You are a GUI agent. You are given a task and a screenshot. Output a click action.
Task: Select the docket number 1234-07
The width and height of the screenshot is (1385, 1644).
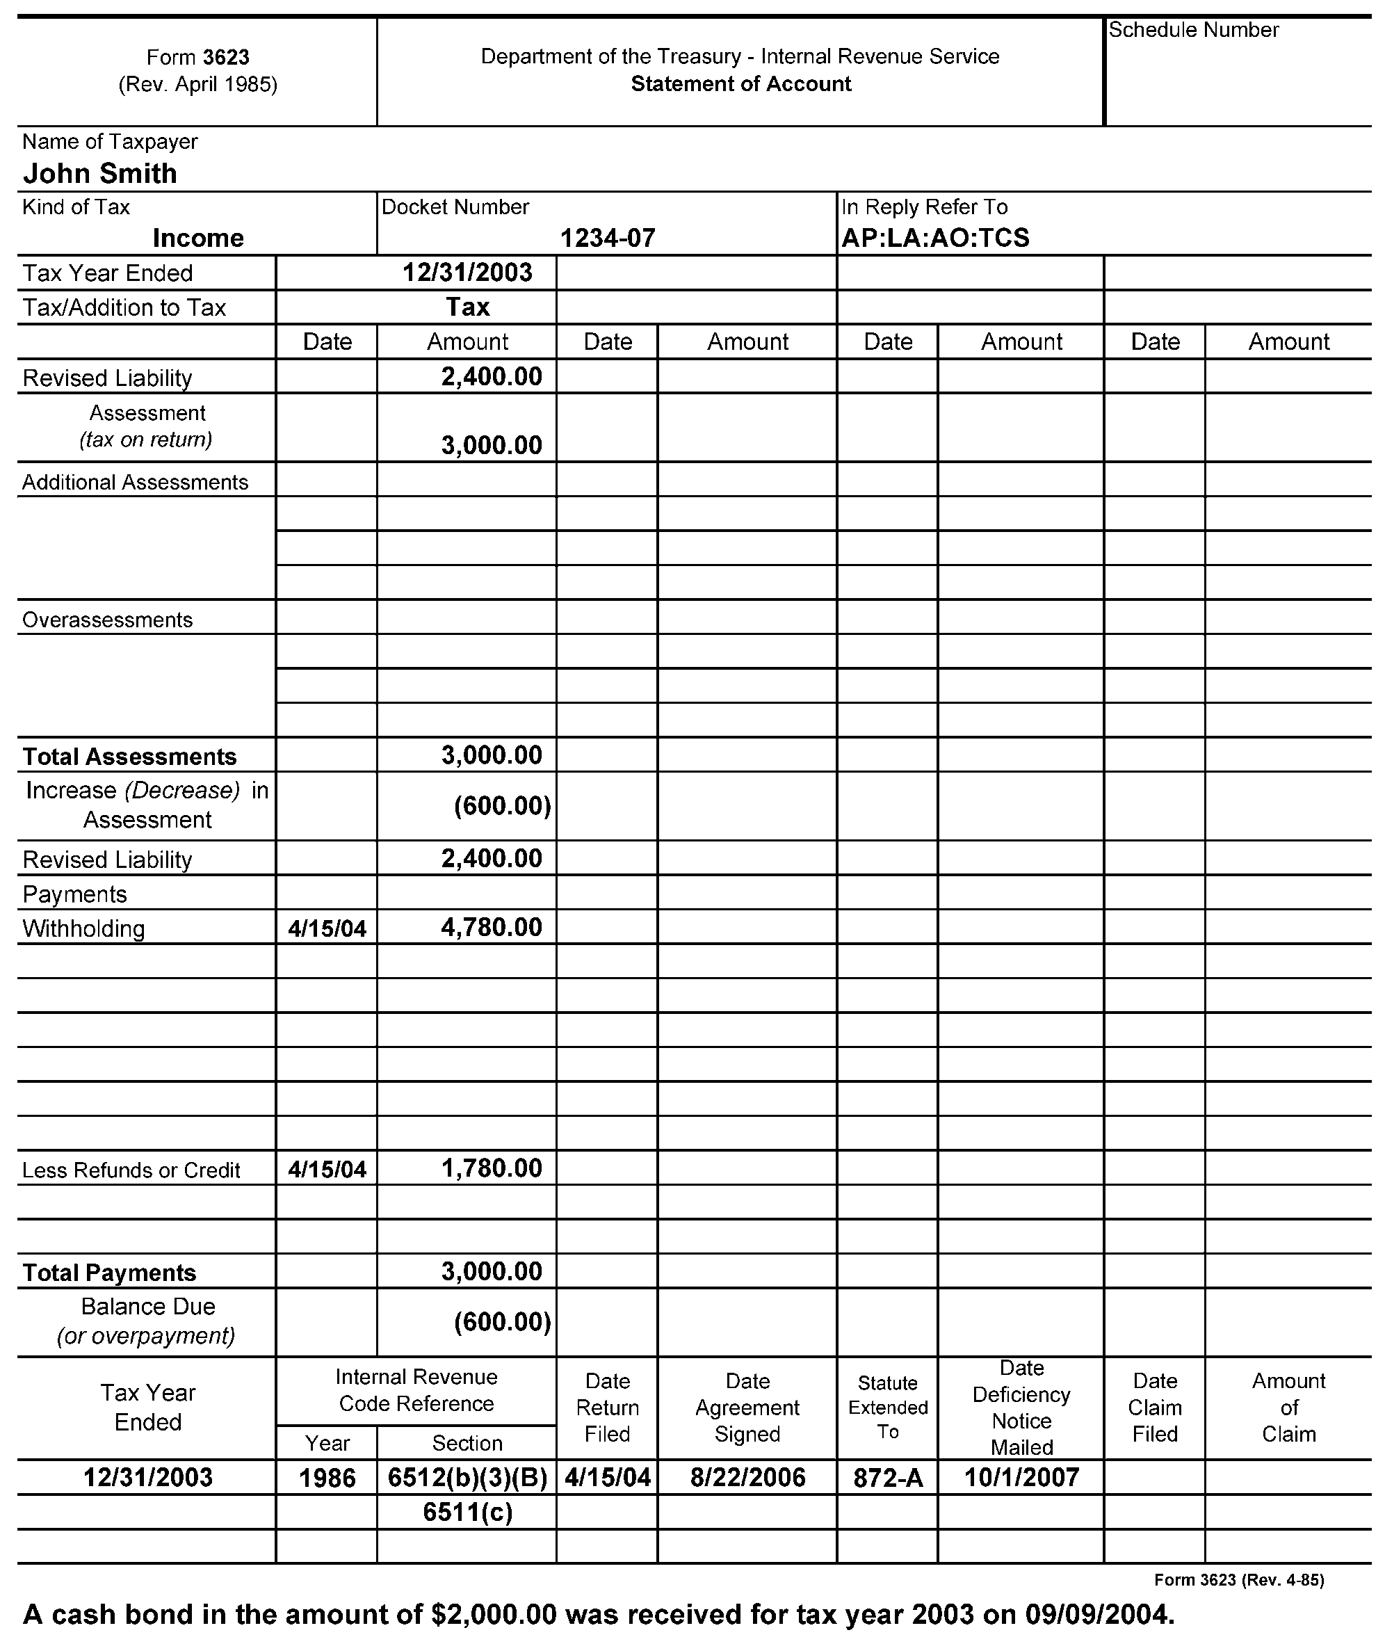607,238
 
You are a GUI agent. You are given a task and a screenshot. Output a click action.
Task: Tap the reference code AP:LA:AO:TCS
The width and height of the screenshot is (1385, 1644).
935,238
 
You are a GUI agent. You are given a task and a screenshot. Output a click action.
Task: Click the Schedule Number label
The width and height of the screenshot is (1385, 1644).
1192,31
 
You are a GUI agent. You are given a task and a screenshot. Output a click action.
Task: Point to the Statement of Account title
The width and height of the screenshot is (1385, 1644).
740,84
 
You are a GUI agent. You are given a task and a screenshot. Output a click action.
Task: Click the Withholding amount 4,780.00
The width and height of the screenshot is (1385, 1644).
492,927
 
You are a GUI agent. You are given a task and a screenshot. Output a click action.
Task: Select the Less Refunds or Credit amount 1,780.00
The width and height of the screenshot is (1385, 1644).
492,1168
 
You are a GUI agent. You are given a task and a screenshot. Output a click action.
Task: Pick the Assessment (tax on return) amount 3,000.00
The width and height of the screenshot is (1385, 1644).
492,445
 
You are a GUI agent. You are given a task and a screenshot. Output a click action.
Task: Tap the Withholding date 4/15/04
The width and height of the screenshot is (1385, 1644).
327,929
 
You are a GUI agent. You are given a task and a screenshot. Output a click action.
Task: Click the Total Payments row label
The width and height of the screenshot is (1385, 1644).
109,1273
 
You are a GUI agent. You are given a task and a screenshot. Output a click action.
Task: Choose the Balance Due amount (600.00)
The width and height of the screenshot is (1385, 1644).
503,1322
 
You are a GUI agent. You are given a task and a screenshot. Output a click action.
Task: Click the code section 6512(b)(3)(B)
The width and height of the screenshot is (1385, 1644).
467,1478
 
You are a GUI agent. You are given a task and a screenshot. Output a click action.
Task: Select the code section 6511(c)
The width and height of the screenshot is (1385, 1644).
467,1512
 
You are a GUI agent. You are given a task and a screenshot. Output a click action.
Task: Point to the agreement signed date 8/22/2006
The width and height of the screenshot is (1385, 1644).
747,1478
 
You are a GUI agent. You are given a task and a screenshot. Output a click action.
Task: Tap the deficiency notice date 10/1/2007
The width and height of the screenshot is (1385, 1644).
1021,1478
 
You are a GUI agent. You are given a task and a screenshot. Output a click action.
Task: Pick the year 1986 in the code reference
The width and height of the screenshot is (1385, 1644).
327,1478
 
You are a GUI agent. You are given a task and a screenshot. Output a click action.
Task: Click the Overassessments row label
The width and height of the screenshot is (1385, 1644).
107,620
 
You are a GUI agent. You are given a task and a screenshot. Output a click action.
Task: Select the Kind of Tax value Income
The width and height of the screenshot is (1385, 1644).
198,238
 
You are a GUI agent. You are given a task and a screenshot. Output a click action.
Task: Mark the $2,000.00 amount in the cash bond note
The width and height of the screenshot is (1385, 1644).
493,1614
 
